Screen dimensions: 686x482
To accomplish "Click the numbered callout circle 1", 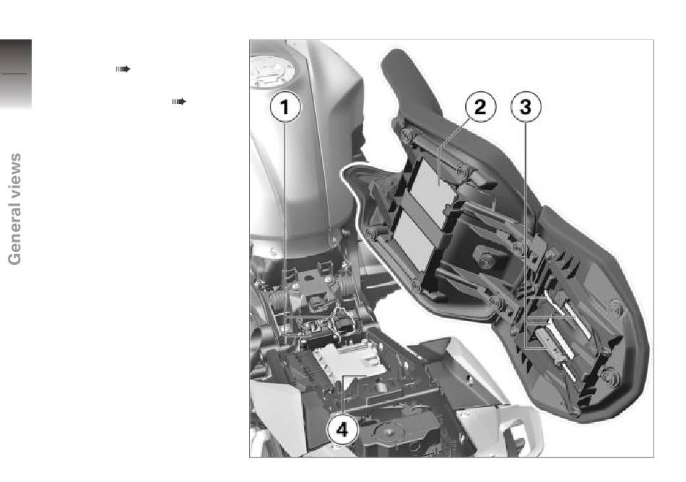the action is tap(285, 107).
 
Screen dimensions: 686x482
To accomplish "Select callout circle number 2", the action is tap(480, 107).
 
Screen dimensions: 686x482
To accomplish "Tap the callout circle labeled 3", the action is tap(526, 107).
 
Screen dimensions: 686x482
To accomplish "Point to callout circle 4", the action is tap(342, 429).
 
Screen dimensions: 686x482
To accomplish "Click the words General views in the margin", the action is tap(14, 209).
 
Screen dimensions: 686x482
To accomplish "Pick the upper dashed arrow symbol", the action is tap(123, 69).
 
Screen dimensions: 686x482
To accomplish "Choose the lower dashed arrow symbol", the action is tap(178, 102).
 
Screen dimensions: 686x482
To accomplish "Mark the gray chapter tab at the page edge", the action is tap(16, 74).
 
